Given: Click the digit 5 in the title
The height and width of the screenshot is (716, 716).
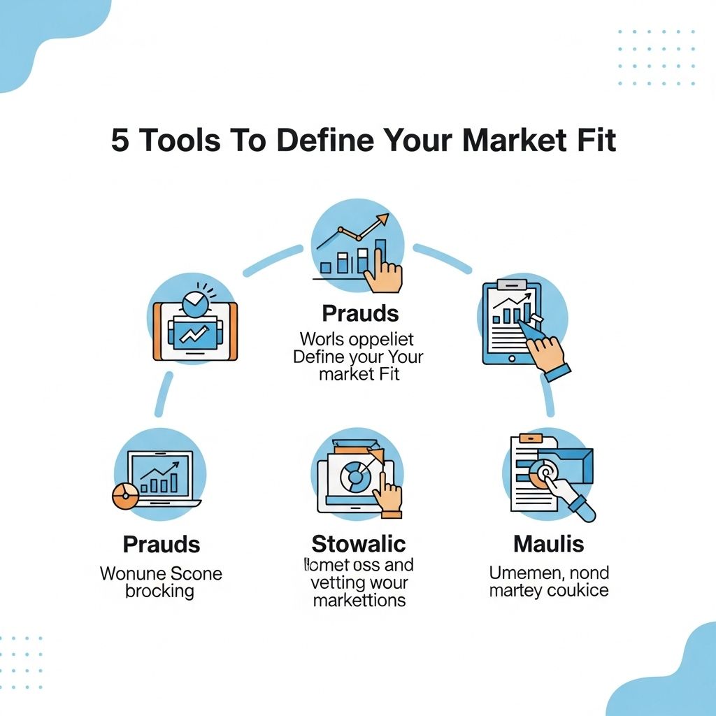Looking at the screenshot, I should (120, 141).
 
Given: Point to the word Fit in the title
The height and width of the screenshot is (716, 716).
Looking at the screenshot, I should (594, 141).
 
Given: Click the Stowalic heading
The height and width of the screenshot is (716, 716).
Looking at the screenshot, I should (358, 543).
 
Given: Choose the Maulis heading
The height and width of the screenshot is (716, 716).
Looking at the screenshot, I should (548, 543).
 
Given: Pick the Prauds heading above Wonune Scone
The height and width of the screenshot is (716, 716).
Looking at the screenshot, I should (162, 543).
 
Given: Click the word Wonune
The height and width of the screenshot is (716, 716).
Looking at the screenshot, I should (131, 574).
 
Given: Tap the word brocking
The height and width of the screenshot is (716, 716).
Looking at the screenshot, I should (159, 591).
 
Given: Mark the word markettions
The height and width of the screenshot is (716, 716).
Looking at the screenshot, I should (359, 600).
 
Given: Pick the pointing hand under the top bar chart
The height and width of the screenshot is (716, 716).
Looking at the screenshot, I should (383, 273).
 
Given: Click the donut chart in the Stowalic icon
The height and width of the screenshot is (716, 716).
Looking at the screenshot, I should (354, 478).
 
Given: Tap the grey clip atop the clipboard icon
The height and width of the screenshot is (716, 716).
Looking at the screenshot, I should (511, 285).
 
